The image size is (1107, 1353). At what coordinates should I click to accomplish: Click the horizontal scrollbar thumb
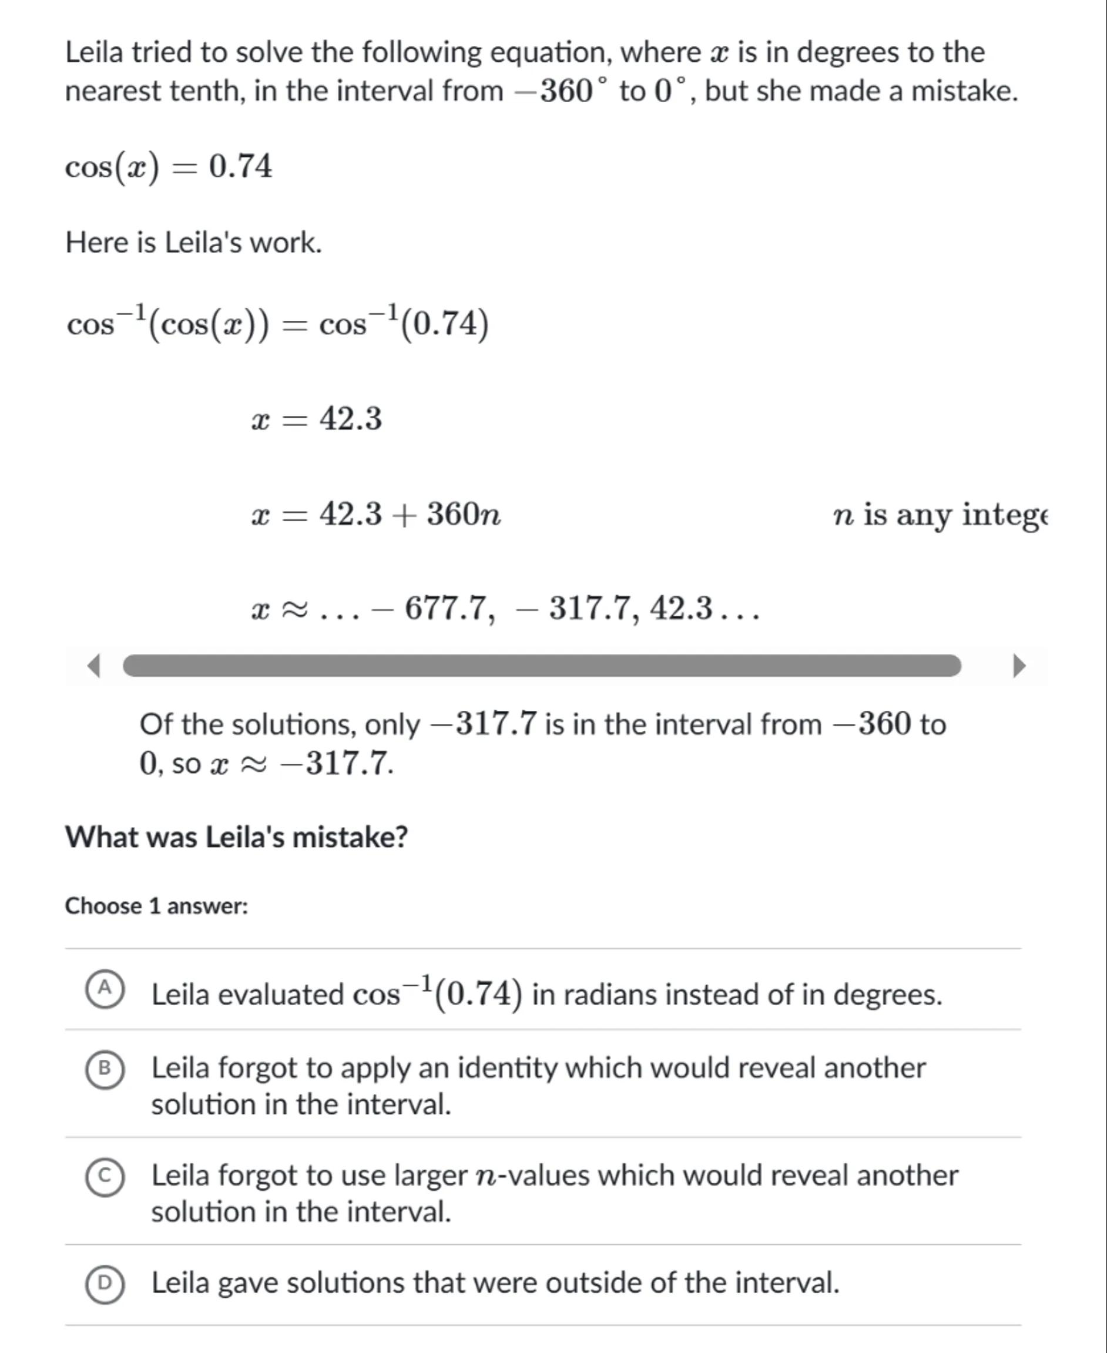coord(541,666)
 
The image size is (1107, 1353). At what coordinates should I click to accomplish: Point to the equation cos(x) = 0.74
coord(169,167)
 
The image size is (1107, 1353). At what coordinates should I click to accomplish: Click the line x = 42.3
coord(317,419)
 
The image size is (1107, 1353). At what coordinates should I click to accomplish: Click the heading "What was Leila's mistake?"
coord(236,837)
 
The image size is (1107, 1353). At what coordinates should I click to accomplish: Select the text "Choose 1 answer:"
coord(156,905)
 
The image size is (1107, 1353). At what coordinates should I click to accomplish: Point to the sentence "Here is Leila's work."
coord(194,242)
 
